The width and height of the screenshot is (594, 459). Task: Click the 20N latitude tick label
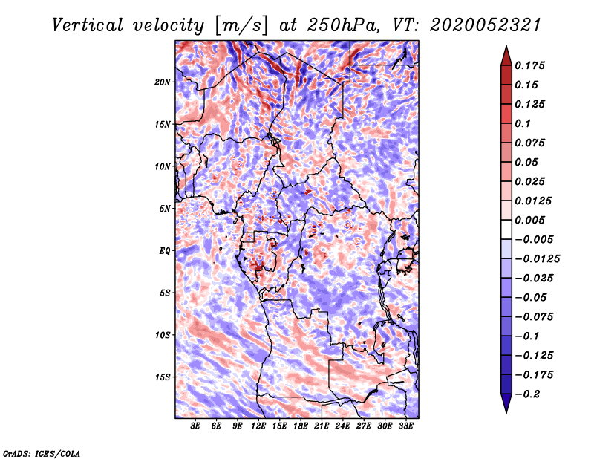click(163, 82)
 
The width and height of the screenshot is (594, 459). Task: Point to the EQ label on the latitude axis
click(165, 251)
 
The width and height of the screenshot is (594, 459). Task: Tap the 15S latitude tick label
click(163, 377)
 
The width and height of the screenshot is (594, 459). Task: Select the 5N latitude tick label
click(165, 209)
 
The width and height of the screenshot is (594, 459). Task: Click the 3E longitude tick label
click(196, 426)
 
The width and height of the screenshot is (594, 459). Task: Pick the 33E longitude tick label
click(405, 426)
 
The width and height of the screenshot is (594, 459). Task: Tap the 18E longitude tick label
click(301, 426)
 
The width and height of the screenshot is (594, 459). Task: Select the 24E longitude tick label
click(342, 426)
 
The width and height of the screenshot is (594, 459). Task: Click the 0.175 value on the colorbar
click(531, 65)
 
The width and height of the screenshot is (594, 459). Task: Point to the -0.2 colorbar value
click(529, 394)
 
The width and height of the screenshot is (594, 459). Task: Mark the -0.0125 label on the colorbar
click(538, 258)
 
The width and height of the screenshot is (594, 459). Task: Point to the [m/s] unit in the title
click(239, 25)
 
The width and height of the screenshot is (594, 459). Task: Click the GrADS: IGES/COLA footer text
click(42, 452)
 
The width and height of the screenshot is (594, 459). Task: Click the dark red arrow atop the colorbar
click(505, 54)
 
